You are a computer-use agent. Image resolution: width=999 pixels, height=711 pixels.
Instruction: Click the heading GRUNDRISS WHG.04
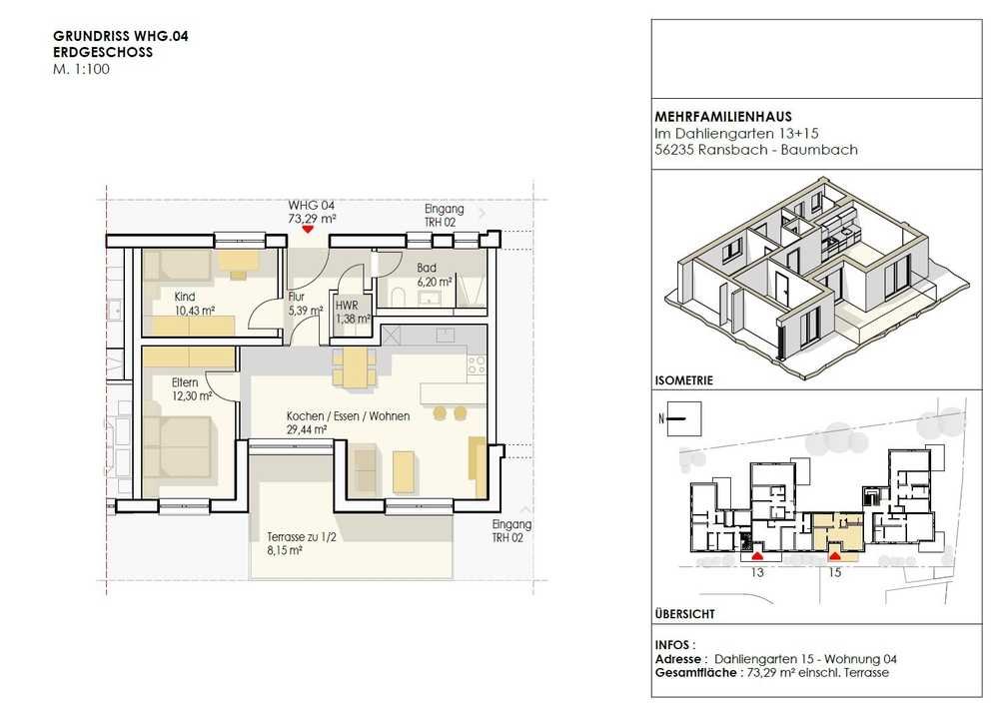[121, 36]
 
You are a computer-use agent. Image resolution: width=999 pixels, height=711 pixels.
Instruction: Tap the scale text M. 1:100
[81, 70]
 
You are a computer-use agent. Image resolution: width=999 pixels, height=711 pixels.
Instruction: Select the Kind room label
[185, 297]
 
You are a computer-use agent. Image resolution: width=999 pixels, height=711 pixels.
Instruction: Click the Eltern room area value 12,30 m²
[192, 395]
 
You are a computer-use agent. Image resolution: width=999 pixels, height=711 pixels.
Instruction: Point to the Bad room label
[427, 269]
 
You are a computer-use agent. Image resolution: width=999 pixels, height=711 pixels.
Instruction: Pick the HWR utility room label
[347, 306]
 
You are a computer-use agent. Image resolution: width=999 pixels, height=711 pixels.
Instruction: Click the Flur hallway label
[297, 297]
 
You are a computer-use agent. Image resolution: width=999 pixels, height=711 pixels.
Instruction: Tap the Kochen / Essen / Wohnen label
[348, 416]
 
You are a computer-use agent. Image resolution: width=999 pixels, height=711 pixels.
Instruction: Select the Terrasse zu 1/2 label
[302, 537]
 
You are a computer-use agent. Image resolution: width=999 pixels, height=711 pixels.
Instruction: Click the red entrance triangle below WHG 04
[309, 228]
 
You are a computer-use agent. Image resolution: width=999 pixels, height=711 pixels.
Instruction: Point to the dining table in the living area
[355, 367]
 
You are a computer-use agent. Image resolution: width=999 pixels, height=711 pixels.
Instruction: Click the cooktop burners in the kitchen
[476, 364]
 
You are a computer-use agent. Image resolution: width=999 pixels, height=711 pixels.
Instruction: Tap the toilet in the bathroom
[398, 297]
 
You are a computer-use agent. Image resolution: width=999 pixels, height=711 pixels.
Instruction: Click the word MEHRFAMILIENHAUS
[723, 117]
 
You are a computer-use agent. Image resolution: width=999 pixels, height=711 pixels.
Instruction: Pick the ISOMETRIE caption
[683, 380]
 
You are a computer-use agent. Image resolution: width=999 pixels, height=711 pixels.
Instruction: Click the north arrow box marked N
[683, 418]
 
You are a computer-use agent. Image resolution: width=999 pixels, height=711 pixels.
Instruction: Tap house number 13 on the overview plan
[757, 572]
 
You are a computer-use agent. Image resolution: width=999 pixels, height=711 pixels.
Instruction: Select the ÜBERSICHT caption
[685, 614]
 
